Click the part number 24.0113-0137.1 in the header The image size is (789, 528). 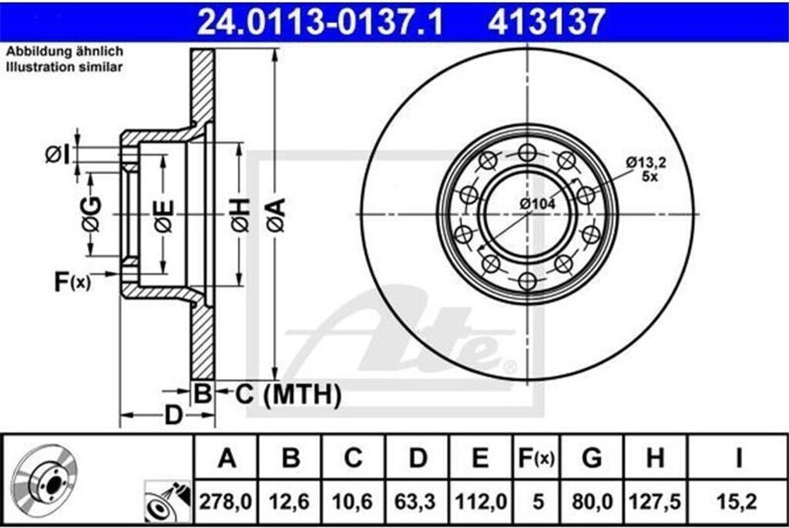click(319, 22)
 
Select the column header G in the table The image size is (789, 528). click(591, 459)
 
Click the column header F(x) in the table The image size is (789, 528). click(536, 459)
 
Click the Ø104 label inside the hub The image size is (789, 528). click(537, 203)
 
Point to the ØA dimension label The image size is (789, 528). click(276, 214)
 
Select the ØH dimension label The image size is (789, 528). click(240, 214)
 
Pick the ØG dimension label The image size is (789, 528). click(91, 214)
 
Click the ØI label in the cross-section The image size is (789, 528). click(58, 155)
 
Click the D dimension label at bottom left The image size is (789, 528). click(174, 416)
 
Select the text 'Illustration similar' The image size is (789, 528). click(65, 68)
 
